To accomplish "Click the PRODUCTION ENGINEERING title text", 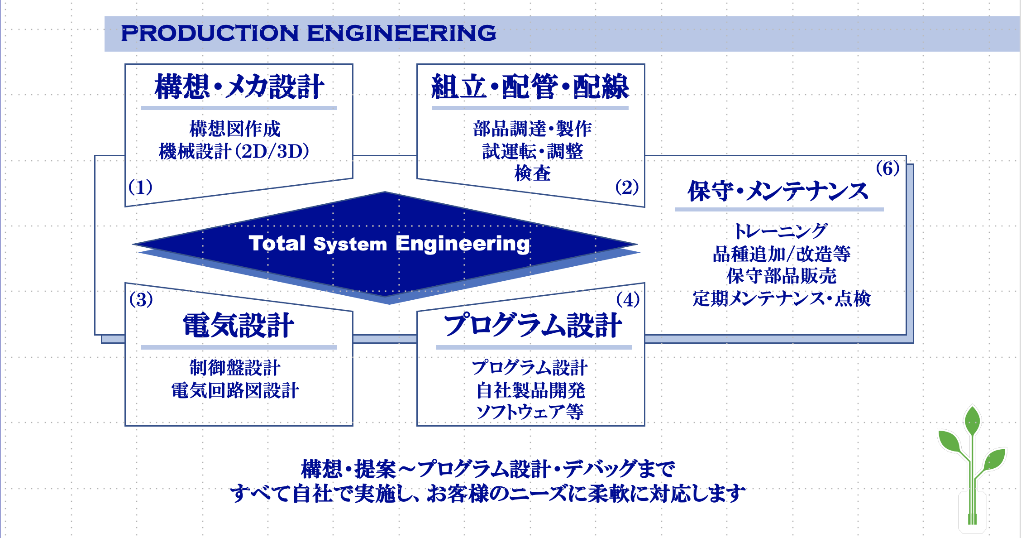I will click(309, 33).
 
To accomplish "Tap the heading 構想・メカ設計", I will click(239, 86).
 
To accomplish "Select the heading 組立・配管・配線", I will click(530, 86).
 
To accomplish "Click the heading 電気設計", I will click(239, 326).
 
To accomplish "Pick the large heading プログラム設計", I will click(533, 326).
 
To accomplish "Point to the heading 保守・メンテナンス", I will click(778, 191).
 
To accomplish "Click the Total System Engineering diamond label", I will click(389, 244).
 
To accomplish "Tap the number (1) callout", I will click(140, 187).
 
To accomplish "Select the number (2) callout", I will click(627, 187).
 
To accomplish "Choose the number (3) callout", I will click(141, 300).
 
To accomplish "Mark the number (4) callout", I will click(628, 300).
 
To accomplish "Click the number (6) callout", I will click(887, 168).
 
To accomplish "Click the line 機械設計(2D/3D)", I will click(234, 151).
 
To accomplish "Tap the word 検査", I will click(533, 173).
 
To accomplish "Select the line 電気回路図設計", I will click(235, 390).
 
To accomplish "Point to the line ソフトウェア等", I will click(530, 412).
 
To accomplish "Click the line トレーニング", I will click(781, 231).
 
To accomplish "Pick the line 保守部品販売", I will click(782, 276).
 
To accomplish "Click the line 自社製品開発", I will click(530, 390).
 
